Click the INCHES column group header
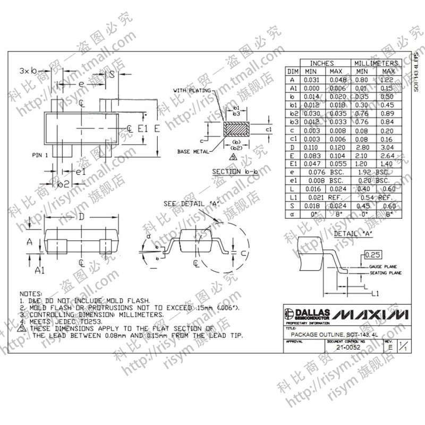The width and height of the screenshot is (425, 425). point(322,63)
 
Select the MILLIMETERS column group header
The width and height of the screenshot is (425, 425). point(376,63)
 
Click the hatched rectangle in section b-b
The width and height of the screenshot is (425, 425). point(237,129)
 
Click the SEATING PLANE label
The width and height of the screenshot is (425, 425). point(386,273)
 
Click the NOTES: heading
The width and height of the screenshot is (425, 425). point(30,294)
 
